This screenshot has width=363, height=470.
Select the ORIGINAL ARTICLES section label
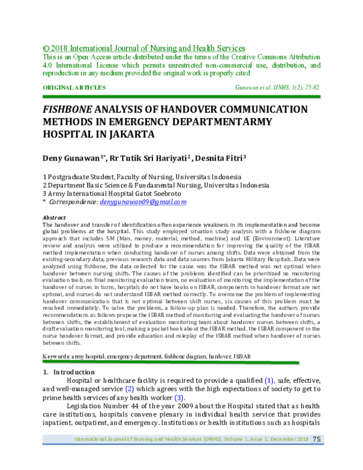click(74, 88)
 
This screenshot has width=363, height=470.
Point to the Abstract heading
click(54, 217)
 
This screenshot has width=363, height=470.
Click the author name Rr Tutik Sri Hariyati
click(151, 157)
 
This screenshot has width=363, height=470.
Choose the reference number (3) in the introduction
click(178, 397)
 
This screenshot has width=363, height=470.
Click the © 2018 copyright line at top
click(143, 48)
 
